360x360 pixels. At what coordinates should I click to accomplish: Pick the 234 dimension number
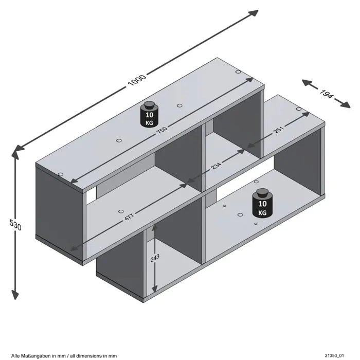click(x=215, y=167)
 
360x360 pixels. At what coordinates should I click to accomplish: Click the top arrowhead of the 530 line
click(x=15, y=153)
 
